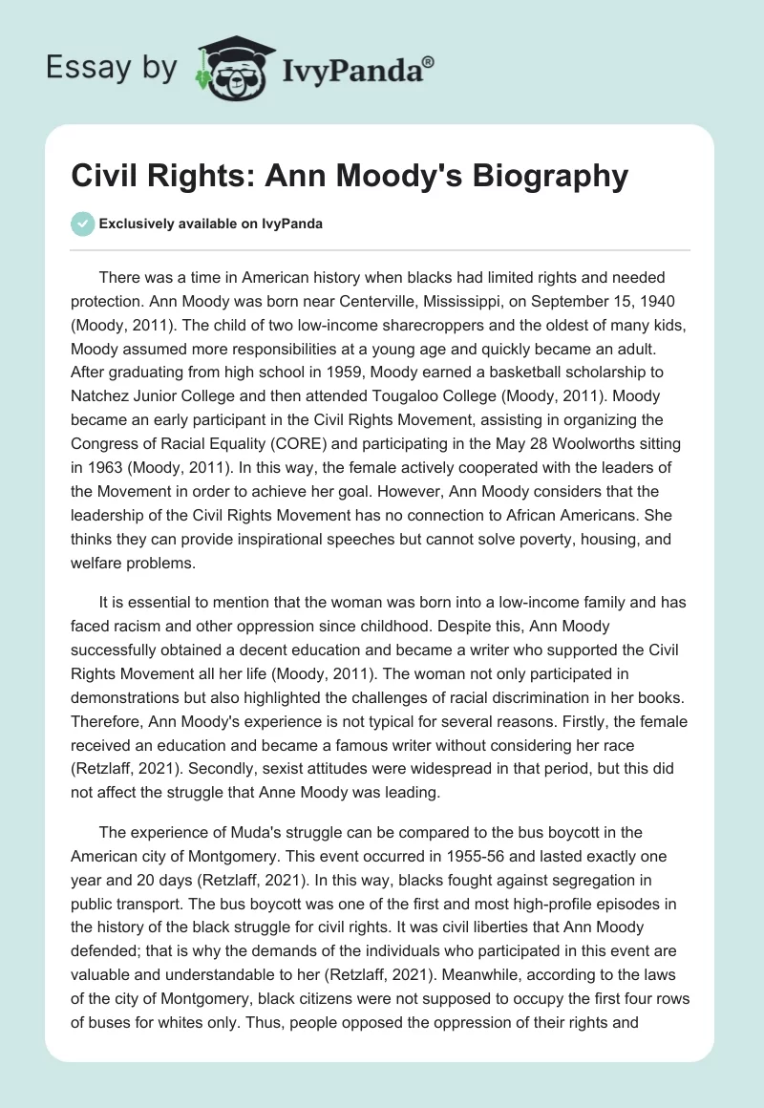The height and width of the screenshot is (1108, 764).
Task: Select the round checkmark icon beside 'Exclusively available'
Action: click(82, 224)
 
